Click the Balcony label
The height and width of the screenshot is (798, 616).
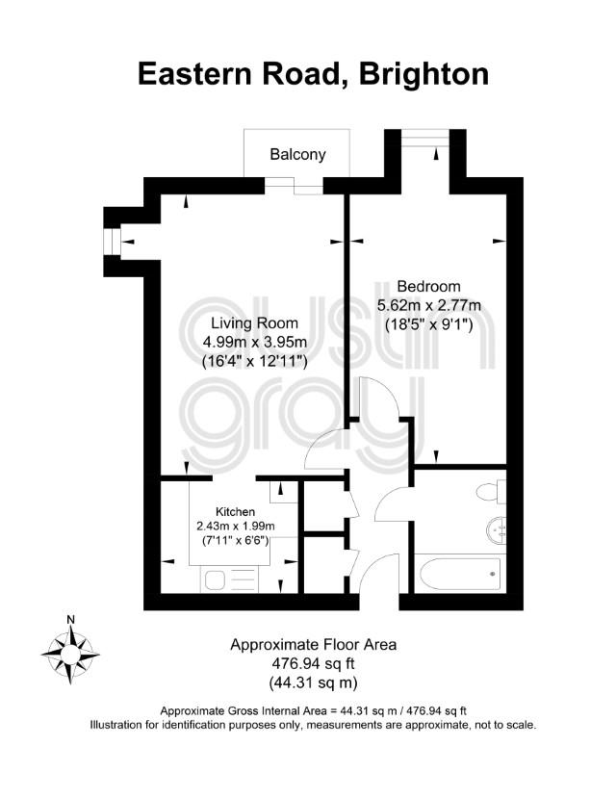pyautogui.click(x=297, y=154)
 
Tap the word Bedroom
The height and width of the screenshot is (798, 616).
pyautogui.click(x=428, y=286)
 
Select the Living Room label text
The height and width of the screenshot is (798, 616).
pyautogui.click(x=254, y=323)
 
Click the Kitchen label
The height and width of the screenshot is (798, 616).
pyautogui.click(x=236, y=511)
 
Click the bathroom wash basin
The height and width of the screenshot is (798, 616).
pyautogui.click(x=497, y=530)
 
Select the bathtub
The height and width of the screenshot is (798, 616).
pyautogui.click(x=460, y=574)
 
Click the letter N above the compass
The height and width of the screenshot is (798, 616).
pyautogui.click(x=70, y=619)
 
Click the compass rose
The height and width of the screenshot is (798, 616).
pyautogui.click(x=70, y=654)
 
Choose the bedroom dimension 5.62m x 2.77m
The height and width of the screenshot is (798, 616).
pyautogui.click(x=428, y=305)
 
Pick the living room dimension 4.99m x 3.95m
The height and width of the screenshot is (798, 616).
pyautogui.click(x=254, y=342)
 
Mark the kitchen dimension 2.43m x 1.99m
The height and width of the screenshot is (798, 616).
pyautogui.click(x=236, y=526)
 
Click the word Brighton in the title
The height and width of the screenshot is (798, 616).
pyautogui.click(x=423, y=74)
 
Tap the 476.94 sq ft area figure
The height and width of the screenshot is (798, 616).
pyautogui.click(x=313, y=663)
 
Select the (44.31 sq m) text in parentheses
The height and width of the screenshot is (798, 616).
pyautogui.click(x=313, y=682)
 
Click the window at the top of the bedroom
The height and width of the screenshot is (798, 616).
pyautogui.click(x=425, y=138)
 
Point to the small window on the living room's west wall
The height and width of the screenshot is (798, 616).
pyautogui.click(x=112, y=243)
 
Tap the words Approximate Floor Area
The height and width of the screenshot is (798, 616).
pyautogui.click(x=314, y=645)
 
